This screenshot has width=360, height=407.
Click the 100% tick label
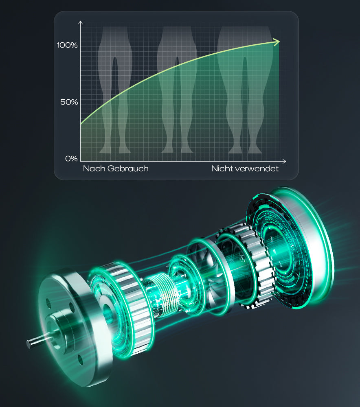click(67, 45)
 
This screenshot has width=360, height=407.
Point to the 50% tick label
click(69, 102)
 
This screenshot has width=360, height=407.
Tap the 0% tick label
click(71, 158)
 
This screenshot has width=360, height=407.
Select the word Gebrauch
click(128, 169)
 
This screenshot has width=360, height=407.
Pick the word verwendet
click(257, 169)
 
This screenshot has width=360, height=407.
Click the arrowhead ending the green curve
click(276, 42)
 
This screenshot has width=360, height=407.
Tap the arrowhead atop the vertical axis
click(81, 22)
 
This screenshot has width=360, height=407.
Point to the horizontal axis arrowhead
click(284, 161)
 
